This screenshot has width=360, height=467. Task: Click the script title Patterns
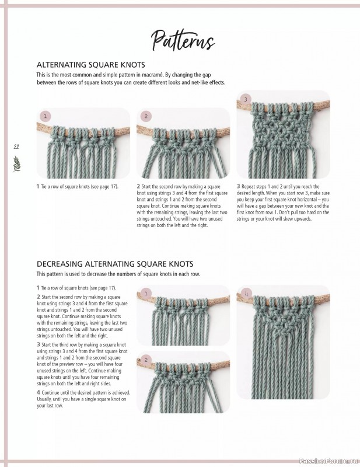coord(183,40)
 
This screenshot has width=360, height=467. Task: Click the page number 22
coord(16,147)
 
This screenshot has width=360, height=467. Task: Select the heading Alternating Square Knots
coord(90,65)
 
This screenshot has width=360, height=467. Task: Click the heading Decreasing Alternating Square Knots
coord(115,264)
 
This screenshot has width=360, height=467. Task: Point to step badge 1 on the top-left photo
coord(46,116)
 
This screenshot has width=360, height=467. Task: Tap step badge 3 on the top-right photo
coord(246,99)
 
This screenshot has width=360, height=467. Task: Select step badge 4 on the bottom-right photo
coord(247,293)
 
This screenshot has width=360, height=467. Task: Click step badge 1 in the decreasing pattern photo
coord(146,293)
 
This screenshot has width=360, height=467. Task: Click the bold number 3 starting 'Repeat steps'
coord(238,187)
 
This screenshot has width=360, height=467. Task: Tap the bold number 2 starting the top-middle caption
coord(138,187)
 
